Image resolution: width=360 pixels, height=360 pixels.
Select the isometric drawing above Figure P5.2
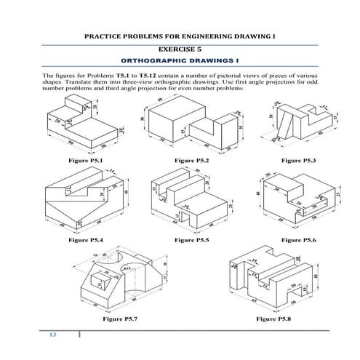(191, 124)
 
